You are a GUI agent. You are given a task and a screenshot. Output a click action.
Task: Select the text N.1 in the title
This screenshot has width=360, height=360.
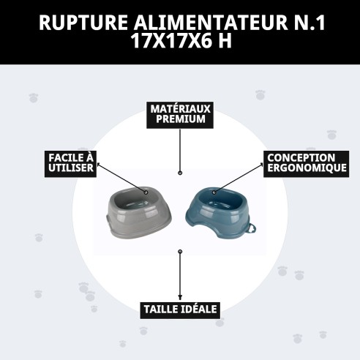[x=307, y=23]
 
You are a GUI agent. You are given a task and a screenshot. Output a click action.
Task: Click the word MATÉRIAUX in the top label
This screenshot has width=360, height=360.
[x=180, y=108]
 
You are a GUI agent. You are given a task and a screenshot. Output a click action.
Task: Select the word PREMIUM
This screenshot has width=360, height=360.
[x=180, y=119]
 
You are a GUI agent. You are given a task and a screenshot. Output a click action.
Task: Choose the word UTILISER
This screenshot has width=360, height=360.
[x=70, y=168]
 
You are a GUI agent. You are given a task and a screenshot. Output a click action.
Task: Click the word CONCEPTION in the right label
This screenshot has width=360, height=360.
[x=301, y=157]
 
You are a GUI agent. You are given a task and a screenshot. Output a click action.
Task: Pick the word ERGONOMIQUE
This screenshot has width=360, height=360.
[x=301, y=168]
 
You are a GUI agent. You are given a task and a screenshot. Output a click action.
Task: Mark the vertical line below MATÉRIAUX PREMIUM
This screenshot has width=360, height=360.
[x=180, y=150]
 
